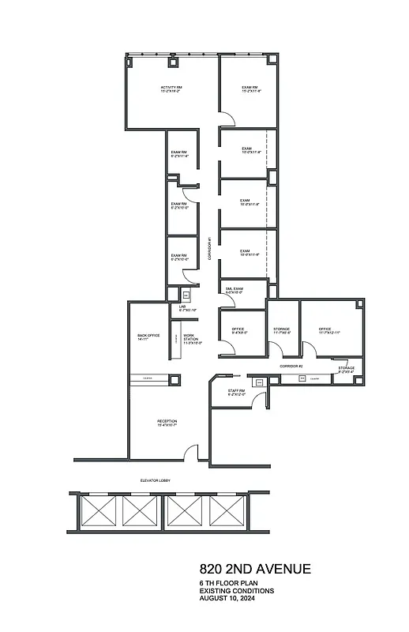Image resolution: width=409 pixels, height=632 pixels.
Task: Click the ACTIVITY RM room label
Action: [x=171, y=88]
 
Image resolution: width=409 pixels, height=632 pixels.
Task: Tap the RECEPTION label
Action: [x=167, y=423]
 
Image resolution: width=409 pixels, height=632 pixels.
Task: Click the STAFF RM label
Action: [x=237, y=393]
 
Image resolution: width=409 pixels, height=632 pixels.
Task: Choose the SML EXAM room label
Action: [x=233, y=290]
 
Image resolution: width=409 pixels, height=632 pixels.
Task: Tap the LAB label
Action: [x=182, y=307]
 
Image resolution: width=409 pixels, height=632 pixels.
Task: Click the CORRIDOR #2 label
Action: [x=291, y=367]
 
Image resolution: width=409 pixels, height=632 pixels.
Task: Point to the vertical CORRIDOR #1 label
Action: [x=209, y=249]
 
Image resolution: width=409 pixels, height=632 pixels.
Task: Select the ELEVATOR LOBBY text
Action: [x=156, y=480]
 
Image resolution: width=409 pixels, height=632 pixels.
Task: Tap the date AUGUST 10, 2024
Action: [x=227, y=598]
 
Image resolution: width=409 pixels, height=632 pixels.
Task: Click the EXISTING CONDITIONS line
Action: [x=236, y=590]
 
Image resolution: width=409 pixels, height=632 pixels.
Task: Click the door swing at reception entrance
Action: [x=190, y=453]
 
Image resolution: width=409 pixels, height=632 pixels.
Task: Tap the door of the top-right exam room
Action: [x=227, y=118]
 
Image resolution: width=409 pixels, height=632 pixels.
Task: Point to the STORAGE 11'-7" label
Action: [x=282, y=330]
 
